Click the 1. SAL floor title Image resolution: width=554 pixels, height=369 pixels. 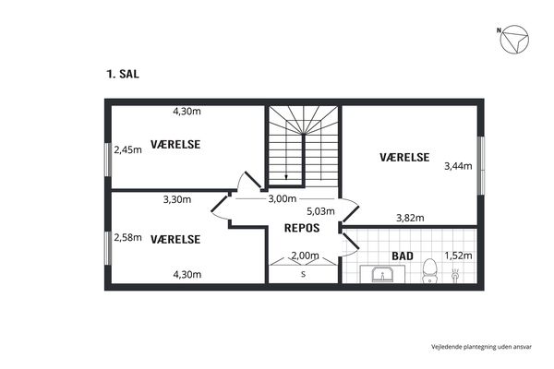tap(123, 74)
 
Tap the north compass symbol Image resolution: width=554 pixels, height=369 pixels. tap(513, 39)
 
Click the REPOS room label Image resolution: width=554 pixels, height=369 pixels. tap(302, 228)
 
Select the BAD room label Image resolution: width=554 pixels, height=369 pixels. tap(403, 256)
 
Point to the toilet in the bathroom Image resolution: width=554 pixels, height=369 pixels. tap(430, 270)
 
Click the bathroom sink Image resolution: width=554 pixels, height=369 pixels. tap(382, 275)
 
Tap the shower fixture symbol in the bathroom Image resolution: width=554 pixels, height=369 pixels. tap(455, 275)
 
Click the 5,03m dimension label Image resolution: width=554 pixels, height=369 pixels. tap(320, 211)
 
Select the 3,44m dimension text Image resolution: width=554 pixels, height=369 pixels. tap(458, 166)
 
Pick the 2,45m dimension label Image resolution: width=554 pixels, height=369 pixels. tap(127, 150)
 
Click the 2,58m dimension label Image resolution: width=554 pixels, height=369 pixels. tap(127, 238)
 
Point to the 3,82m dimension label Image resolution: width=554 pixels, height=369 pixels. tap(410, 218)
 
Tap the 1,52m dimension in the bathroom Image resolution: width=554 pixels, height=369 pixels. tap(458, 256)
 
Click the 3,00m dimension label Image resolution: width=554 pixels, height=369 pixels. tap(282, 199)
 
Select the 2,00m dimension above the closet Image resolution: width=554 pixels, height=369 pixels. tap(305, 256)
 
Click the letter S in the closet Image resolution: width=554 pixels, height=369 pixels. tap(303, 274)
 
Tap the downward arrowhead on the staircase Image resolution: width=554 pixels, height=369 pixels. tap(286, 177)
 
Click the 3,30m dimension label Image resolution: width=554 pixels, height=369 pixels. tap(177, 200)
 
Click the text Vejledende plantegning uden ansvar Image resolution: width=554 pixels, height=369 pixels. tap(481, 347)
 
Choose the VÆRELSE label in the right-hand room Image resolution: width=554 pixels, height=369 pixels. tap(404, 158)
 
